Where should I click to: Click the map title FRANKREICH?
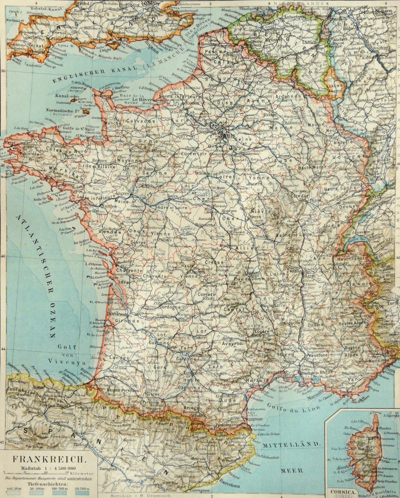[49, 459]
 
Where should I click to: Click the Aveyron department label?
[232, 343]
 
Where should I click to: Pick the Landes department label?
[119, 358]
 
